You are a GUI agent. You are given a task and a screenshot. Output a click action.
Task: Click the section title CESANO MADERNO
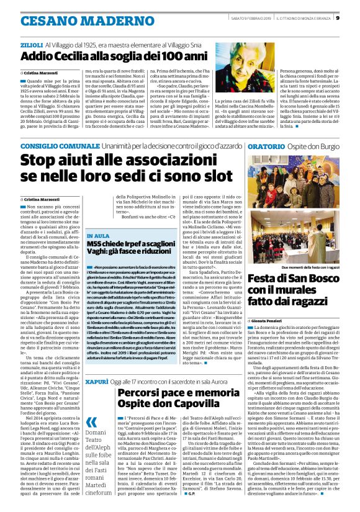tap(73, 20)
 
